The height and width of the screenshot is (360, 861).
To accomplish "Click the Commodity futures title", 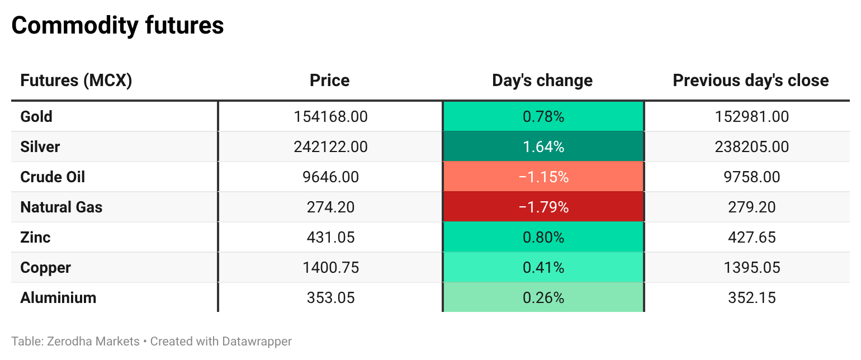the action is [117, 26].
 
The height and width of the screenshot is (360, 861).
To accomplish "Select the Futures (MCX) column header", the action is [76, 80].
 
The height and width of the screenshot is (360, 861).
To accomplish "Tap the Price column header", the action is [330, 80].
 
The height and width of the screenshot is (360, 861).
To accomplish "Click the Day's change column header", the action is [542, 80].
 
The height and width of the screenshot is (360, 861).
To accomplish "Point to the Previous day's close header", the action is [751, 80].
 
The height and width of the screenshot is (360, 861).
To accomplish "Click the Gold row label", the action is [36, 116].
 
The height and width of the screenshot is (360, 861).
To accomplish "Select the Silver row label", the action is [40, 147].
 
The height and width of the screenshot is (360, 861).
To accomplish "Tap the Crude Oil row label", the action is [53, 177].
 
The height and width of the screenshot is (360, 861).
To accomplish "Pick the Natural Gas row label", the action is [61, 207].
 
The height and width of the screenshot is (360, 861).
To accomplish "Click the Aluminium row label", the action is [58, 298].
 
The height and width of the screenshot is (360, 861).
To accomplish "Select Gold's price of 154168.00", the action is [330, 116].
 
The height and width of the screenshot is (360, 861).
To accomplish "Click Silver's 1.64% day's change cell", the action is [543, 147].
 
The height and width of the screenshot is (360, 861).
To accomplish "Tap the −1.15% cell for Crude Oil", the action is [543, 177].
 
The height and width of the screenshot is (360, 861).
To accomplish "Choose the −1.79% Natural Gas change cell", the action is [543, 207].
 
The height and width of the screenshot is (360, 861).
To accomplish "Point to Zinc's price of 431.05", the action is [330, 238].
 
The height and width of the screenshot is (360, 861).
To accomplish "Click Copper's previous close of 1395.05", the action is [752, 267].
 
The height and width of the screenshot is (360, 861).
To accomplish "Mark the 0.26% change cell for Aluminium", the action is [543, 298].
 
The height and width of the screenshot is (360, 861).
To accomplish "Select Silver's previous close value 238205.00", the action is [752, 147].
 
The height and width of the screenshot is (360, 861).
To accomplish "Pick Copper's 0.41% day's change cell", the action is [543, 267].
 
